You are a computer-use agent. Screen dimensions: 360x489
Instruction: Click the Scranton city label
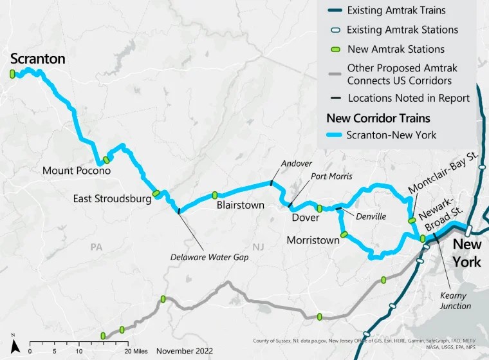38,59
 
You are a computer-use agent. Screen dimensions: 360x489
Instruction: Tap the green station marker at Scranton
12,74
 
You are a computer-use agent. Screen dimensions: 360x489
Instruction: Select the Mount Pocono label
77,171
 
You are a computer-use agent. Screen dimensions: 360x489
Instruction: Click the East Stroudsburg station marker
156,193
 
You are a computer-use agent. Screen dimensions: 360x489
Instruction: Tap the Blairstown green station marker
215,195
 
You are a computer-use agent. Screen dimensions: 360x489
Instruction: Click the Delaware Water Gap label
209,256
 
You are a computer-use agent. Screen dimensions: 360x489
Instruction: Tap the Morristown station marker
344,234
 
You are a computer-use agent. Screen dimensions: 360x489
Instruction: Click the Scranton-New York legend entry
391,135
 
